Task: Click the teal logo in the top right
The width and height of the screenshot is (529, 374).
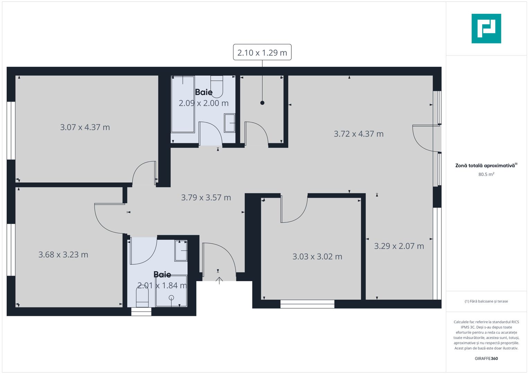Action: tap(486, 28)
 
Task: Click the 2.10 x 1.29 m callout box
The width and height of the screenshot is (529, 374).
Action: tap(262, 52)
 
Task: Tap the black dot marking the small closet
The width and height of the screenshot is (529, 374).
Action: tap(262, 103)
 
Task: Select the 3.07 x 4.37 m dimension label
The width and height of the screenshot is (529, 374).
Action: tap(85, 127)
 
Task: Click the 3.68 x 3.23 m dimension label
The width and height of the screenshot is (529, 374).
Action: tap(63, 255)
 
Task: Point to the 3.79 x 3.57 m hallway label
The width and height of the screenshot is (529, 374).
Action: tap(206, 197)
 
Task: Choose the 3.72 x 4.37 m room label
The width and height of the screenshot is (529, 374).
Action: tap(359, 134)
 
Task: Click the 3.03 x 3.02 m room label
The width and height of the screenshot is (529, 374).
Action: tap(317, 257)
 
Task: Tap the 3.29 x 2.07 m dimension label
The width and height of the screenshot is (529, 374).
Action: tap(399, 246)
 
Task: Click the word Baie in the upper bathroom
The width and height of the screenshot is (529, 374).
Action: tap(204, 92)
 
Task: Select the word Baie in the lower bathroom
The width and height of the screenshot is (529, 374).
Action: tap(162, 275)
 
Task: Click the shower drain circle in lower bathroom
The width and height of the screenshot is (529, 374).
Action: tap(171, 297)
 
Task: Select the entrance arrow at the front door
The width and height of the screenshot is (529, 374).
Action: tap(219, 280)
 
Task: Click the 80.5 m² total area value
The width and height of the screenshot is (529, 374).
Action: tap(486, 174)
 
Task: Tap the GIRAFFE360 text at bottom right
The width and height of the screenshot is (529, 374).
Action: tap(486, 358)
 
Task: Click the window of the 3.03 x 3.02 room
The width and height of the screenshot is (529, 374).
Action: tap(307, 304)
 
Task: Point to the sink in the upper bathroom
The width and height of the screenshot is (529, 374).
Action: tap(229, 123)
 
